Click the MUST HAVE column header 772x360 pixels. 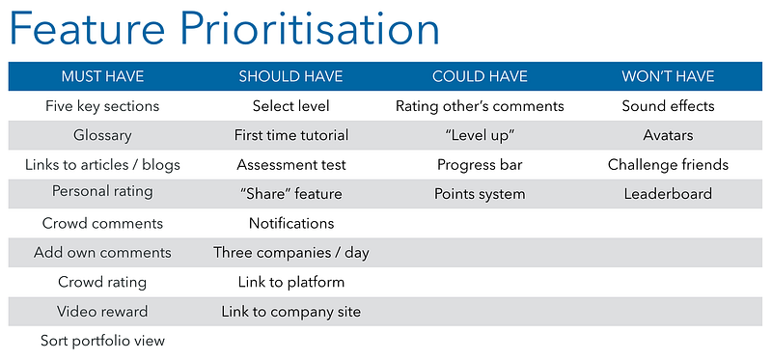pyautogui.click(x=102, y=76)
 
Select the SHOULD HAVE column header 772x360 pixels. pyautogui.click(x=291, y=76)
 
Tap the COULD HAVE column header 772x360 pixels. pyautogui.click(x=480, y=76)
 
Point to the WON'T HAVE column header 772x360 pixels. pyautogui.click(x=668, y=76)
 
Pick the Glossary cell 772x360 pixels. pyautogui.click(x=102, y=135)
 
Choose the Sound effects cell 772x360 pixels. pyautogui.click(x=668, y=106)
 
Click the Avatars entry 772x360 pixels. pyautogui.click(x=668, y=135)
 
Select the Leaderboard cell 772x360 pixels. pyautogui.click(x=668, y=194)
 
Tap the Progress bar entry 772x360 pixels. pyautogui.click(x=480, y=164)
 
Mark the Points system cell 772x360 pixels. pyautogui.click(x=480, y=194)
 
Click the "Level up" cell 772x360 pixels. pyautogui.click(x=480, y=135)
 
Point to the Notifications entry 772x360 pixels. pyautogui.click(x=291, y=223)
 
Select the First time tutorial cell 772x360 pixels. pyautogui.click(x=291, y=135)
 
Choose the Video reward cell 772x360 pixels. pyautogui.click(x=102, y=311)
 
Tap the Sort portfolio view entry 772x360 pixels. pyautogui.click(x=102, y=341)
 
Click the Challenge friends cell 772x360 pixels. pyautogui.click(x=668, y=164)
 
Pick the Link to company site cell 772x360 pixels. pyautogui.click(x=291, y=312)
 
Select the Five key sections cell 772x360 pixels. pyautogui.click(x=102, y=106)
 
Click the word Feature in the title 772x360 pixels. pyautogui.click(x=87, y=29)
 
